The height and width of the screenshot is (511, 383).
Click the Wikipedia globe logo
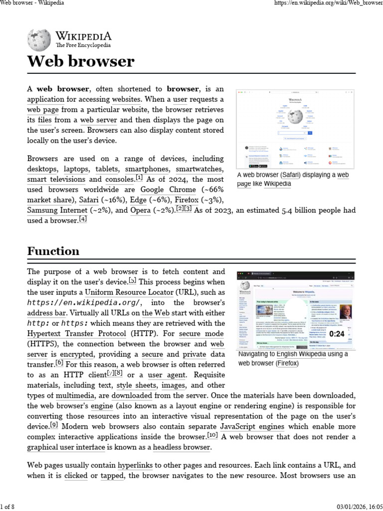tap(38, 39)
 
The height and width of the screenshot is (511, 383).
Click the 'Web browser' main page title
tap(80, 62)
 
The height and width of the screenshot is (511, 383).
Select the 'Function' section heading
tap(53, 251)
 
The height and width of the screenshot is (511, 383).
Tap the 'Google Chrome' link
tap(168, 190)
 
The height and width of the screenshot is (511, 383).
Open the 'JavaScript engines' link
tap(252, 427)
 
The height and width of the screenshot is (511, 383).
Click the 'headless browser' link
tap(182, 447)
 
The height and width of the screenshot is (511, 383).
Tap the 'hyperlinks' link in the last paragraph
tap(135, 466)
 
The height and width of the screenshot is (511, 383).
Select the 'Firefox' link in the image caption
tap(287, 363)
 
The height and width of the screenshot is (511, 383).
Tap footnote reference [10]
tap(212, 435)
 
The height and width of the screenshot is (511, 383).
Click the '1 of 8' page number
tap(7, 507)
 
